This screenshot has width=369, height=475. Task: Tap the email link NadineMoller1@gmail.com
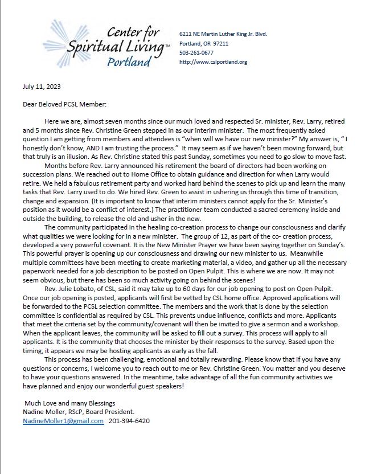[63, 421]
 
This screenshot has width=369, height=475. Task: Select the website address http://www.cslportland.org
[213, 62]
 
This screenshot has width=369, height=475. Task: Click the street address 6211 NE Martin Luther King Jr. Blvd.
[223, 34]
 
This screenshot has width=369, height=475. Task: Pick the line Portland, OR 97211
[203, 43]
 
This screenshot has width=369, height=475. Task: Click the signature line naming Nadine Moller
[84, 412]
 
